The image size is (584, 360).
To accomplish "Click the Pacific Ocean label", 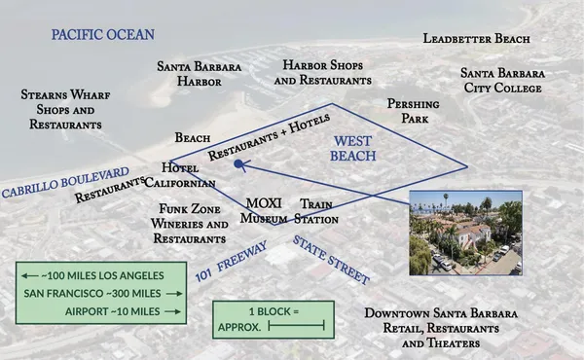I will [103, 35].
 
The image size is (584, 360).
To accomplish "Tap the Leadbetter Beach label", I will [476, 39].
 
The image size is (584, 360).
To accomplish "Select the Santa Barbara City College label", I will [501, 81].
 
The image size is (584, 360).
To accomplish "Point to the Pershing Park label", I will [413, 110].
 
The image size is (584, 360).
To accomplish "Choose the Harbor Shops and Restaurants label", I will [322, 72].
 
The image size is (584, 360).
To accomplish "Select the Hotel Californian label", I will [188, 175].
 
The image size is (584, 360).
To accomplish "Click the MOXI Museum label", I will [264, 210].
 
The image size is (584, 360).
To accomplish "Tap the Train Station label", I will [317, 211].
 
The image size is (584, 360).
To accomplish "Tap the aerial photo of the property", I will [466, 233].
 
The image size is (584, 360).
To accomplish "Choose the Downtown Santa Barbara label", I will [441, 329].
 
